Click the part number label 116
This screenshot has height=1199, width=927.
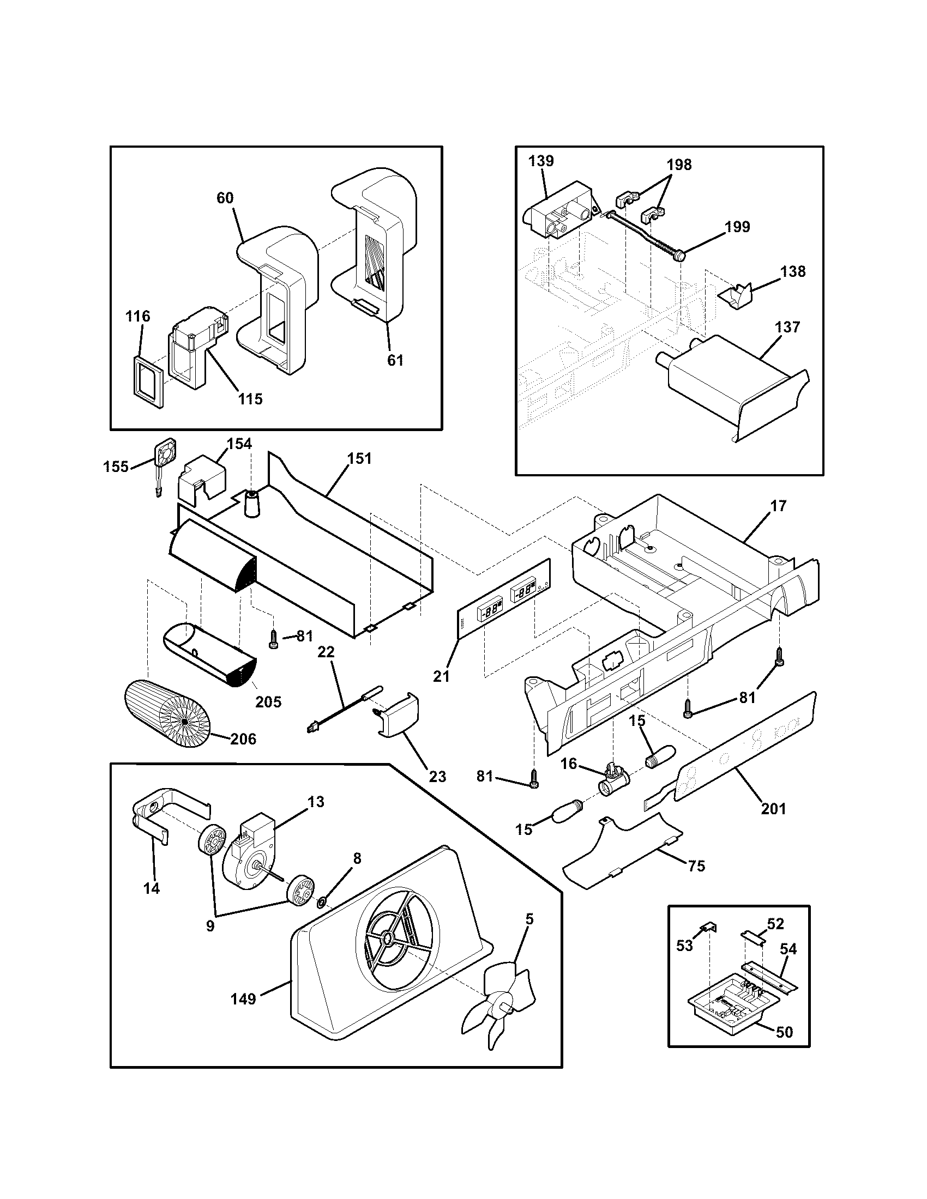(137, 316)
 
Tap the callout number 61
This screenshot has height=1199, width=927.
(395, 360)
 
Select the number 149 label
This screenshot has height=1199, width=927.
(243, 998)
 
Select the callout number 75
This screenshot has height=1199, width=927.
(696, 866)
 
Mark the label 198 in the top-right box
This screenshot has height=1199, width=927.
(679, 165)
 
